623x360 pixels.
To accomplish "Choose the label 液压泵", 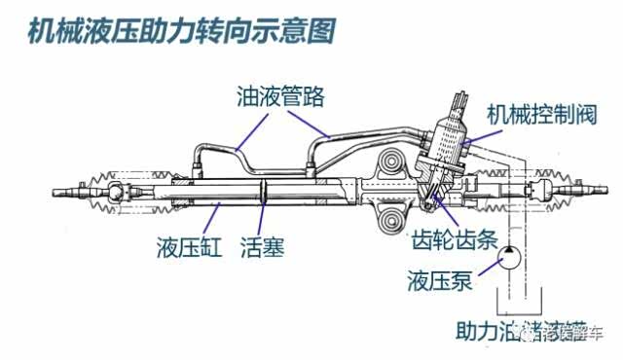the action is click(440, 283).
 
